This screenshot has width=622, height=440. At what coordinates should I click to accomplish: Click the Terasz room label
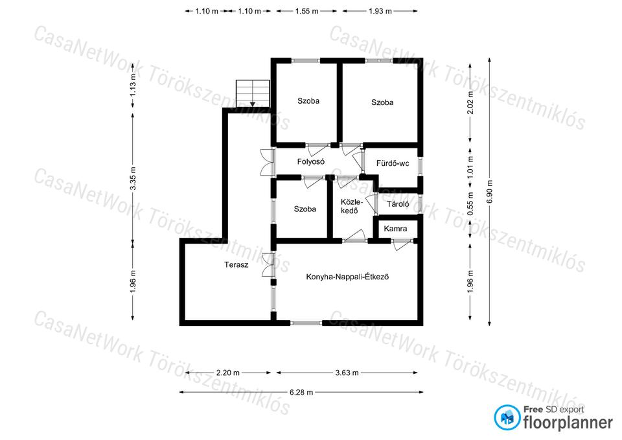pyautogui.click(x=236, y=264)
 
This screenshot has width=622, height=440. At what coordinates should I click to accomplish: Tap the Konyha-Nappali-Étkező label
pyautogui.click(x=347, y=277)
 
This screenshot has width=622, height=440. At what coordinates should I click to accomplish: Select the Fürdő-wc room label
pyautogui.click(x=393, y=163)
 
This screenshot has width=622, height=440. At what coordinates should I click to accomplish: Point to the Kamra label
pyautogui.click(x=395, y=229)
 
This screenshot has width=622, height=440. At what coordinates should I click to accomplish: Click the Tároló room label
pyautogui.click(x=398, y=204)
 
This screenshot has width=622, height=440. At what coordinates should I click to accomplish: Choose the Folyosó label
pyautogui.click(x=311, y=161)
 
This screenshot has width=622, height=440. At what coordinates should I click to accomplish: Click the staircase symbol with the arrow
pyautogui.click(x=253, y=93)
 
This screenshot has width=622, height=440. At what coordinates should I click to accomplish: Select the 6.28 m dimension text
pyautogui.click(x=301, y=393)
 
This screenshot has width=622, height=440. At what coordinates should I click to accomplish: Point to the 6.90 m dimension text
pyautogui.click(x=490, y=192)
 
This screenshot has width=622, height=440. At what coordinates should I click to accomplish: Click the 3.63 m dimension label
pyautogui.click(x=347, y=373)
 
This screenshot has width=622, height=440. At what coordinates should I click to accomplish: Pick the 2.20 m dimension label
pyautogui.click(x=228, y=373)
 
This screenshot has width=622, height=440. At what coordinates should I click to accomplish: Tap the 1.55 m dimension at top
pyautogui.click(x=306, y=11)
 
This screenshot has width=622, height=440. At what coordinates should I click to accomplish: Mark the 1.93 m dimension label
pyautogui.click(x=380, y=11)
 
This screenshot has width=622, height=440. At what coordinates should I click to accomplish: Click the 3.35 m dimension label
pyautogui.click(x=133, y=178)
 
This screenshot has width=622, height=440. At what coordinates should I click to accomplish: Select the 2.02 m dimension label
pyautogui.click(x=470, y=102)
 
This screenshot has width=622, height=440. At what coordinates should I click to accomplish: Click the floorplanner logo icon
pyautogui.click(x=507, y=417)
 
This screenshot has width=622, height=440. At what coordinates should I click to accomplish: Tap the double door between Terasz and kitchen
pyautogui.click(x=268, y=264)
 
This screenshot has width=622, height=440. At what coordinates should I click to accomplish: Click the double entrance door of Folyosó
pyautogui.click(x=268, y=162)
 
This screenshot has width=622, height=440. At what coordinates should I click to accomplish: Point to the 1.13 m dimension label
pyautogui.click(x=133, y=86)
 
